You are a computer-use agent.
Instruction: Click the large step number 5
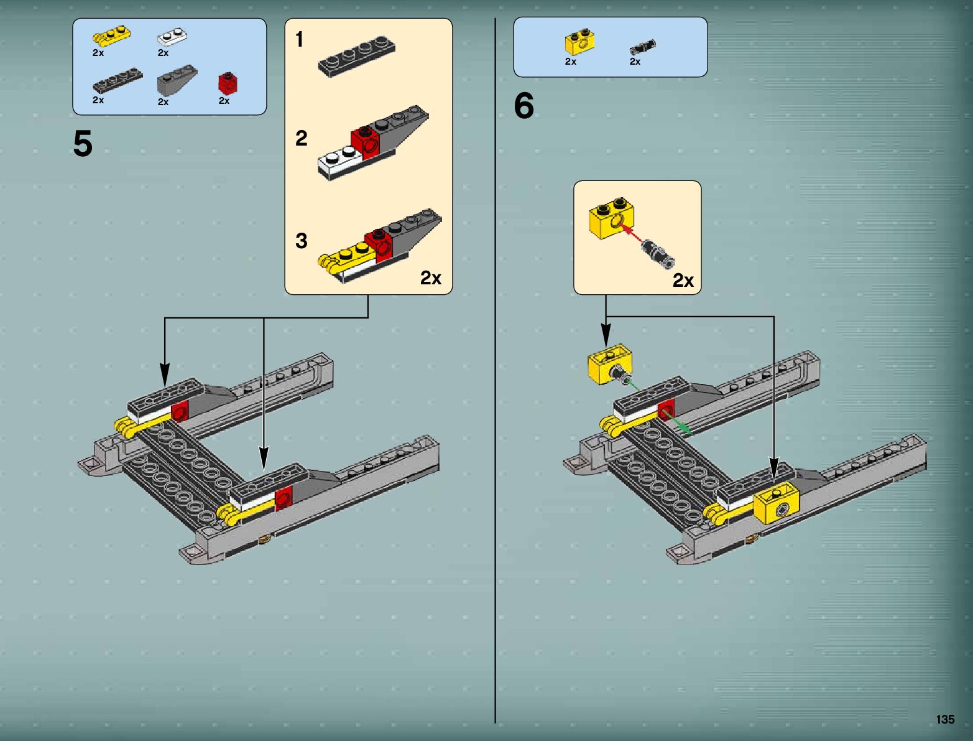pyautogui.click(x=83, y=144)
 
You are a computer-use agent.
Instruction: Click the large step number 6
pyautogui.click(x=524, y=106)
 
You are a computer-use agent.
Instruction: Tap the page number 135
pyautogui.click(x=944, y=719)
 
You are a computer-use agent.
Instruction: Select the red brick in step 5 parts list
pyautogui.click(x=228, y=83)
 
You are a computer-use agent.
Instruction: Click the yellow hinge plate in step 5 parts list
pyautogui.click(x=111, y=35)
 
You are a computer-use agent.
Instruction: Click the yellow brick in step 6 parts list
pyautogui.click(x=579, y=42)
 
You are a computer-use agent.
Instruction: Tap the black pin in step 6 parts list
pyautogui.click(x=642, y=47)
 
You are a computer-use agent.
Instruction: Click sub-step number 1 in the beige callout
pyautogui.click(x=300, y=40)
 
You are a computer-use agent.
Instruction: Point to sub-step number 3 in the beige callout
pyautogui.click(x=302, y=241)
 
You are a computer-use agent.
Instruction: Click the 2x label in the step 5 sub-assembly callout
pyautogui.click(x=430, y=277)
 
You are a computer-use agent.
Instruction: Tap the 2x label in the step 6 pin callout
pyautogui.click(x=683, y=281)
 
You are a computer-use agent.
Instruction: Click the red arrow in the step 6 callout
pyautogui.click(x=632, y=235)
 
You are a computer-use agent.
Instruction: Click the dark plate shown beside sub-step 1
pyautogui.click(x=356, y=57)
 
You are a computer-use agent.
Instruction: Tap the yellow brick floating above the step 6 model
pyautogui.click(x=609, y=363)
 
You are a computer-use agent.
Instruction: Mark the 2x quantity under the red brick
pyautogui.click(x=224, y=101)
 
